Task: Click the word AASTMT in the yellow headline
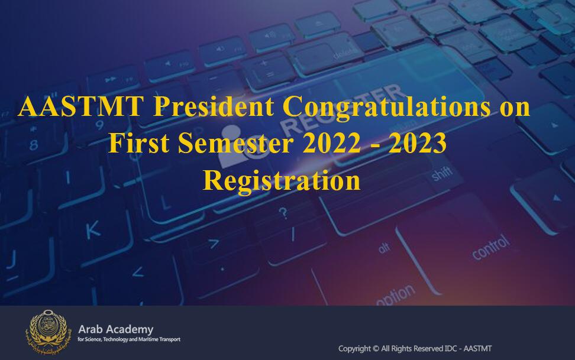80,106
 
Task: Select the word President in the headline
214,106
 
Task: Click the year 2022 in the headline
332,143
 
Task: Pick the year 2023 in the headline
418,143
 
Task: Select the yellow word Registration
282,181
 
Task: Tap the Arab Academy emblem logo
49,332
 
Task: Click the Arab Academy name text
115,329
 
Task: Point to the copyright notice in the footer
415,349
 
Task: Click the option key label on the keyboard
396,295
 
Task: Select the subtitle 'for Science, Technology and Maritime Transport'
129,339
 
